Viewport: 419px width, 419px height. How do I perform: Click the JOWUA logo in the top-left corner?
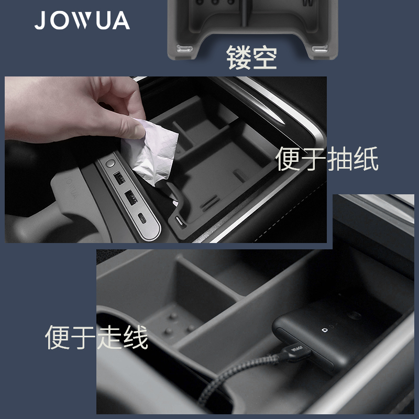click(x=82, y=20)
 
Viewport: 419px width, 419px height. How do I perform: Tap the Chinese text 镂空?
click(x=251, y=58)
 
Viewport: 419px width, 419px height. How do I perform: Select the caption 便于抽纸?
click(x=327, y=158)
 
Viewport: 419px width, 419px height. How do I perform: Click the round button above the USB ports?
click(x=109, y=164)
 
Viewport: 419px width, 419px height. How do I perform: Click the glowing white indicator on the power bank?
click(x=323, y=330)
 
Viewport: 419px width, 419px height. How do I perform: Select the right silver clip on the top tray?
click(x=321, y=48)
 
